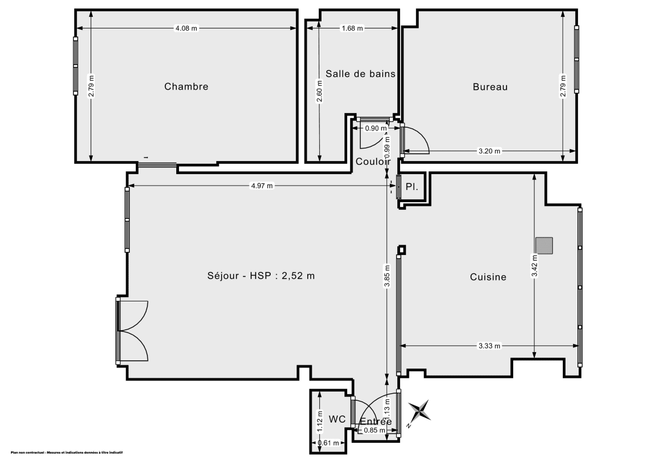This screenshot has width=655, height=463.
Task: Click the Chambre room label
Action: click(186, 86)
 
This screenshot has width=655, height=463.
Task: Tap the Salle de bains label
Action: click(360, 74)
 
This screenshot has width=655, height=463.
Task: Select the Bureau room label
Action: click(490, 86)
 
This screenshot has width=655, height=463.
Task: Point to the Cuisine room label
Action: click(488, 277)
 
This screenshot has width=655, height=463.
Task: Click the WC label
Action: click(337, 419)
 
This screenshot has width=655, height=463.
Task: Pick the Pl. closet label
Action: click(412, 187)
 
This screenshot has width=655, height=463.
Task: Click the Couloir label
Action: click(373, 162)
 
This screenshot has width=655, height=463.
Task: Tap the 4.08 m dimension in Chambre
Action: click(186, 28)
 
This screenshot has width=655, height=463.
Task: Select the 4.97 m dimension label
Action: click(261, 186)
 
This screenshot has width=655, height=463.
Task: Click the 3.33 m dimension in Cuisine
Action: click(489, 346)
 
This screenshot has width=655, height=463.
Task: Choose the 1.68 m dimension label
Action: click(352, 28)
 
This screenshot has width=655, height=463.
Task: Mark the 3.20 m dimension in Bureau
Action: click(489, 151)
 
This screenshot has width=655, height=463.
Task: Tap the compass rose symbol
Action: click(419, 411)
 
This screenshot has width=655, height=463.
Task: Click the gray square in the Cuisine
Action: click(544, 246)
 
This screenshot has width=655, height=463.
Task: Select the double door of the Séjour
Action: click(133, 331)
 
